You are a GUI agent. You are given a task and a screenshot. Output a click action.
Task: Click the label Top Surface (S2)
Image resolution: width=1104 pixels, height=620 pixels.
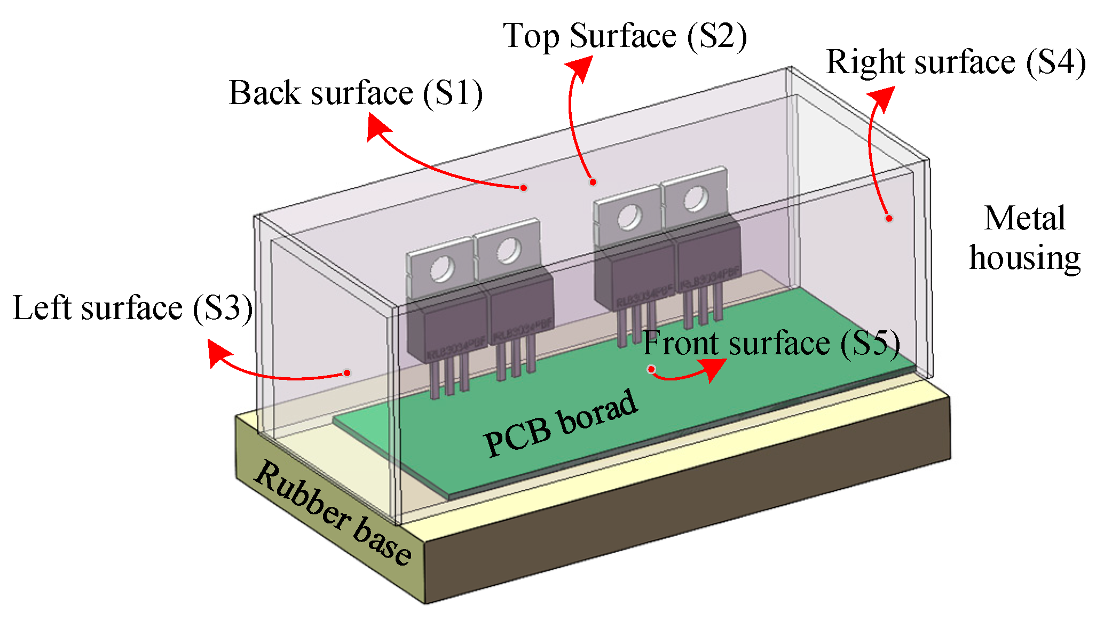625,36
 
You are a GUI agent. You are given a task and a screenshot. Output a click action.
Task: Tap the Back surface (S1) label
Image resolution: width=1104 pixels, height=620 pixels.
356,93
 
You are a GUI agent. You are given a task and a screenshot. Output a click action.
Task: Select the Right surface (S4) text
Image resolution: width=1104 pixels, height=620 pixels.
956,62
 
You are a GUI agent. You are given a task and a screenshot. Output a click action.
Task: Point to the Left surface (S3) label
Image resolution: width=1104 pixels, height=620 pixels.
132,308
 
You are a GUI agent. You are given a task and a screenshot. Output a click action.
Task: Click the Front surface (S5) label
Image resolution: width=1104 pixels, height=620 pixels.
771,343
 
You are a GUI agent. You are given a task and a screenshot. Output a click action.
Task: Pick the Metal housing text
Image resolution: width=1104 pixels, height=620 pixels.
1024,238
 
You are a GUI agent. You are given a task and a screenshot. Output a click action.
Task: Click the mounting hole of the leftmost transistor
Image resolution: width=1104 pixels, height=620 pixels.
442,268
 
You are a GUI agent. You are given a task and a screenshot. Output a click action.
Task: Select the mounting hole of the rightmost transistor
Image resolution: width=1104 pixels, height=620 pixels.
696,199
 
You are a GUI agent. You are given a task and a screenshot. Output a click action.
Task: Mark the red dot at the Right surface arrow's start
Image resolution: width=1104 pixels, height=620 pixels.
889,218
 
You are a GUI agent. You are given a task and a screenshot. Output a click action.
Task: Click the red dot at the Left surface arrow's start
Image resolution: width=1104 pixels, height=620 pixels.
347,373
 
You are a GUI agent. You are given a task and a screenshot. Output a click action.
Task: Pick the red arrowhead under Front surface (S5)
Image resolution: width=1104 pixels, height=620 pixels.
712,369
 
